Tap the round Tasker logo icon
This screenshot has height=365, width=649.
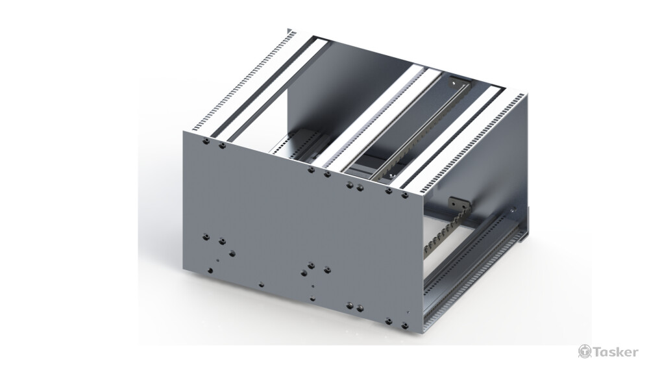click(x=584, y=351)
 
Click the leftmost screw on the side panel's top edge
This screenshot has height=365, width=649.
click(x=205, y=140)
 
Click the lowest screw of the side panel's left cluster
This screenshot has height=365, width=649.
click(x=210, y=270)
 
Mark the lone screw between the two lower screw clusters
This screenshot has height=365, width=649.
click(x=260, y=284)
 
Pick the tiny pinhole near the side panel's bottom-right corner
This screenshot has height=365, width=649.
click(x=408, y=312)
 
